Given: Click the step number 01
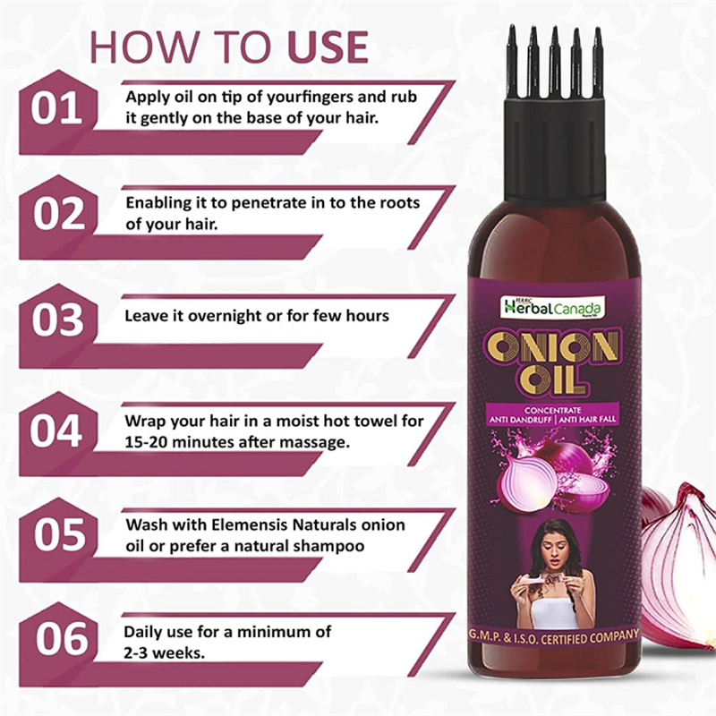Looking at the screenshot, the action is coord(56,109).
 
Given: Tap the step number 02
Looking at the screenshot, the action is coord(59,214).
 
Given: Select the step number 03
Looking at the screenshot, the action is coord(58,320).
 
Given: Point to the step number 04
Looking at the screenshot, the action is coord(56,431).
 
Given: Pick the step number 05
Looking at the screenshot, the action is coord(59,534).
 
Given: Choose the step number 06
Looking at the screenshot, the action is coord(62,639).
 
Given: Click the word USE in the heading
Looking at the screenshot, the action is coord(328,47).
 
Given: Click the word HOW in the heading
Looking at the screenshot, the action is coord(144,47).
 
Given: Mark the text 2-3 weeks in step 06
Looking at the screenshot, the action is coord(165,653).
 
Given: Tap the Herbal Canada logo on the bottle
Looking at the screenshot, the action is coord(552,308).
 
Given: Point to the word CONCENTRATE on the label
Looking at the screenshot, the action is coord(552,410).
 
